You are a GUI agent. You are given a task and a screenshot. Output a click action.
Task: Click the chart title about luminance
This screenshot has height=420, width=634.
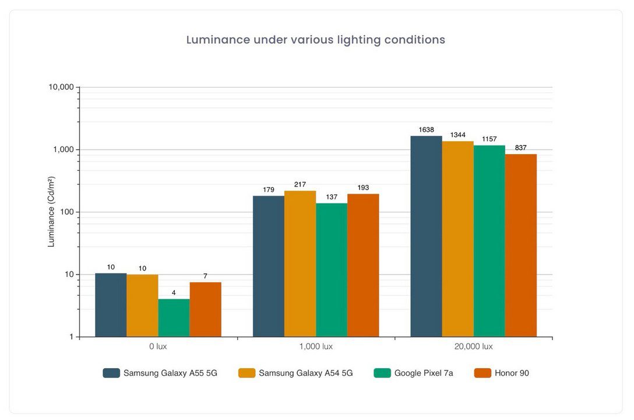[315, 40]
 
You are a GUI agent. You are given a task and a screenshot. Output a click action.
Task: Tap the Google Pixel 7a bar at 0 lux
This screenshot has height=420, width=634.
[174, 318]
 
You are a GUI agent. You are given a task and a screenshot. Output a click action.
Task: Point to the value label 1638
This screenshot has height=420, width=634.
[426, 130]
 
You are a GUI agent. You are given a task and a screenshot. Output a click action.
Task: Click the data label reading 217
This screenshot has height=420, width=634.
[300, 185]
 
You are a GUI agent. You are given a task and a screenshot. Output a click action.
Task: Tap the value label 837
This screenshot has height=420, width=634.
[520, 148]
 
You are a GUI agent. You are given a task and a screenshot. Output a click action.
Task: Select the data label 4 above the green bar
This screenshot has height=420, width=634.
[174, 293]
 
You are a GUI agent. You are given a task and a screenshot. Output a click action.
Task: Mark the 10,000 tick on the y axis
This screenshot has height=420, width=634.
[61, 87]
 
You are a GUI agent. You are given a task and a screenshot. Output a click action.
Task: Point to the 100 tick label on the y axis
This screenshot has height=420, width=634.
[66, 212]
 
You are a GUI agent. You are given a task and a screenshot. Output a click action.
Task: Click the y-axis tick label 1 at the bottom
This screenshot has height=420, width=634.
[71, 337]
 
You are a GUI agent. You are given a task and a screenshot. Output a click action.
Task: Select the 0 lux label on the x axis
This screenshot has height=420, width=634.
[158, 346]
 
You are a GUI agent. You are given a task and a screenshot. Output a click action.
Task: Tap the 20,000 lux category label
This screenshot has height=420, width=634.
[473, 346]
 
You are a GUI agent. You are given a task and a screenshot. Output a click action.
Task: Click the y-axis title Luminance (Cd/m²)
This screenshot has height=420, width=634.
[51, 212]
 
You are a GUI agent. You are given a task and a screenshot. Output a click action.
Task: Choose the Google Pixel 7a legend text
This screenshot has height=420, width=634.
[423, 373]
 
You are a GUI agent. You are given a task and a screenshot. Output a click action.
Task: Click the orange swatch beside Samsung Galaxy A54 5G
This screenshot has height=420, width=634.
[246, 373]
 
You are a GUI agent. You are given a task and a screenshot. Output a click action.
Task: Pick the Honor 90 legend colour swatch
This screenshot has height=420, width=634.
[483, 373]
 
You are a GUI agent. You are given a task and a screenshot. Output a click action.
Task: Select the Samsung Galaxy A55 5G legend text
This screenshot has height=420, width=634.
[170, 373]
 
